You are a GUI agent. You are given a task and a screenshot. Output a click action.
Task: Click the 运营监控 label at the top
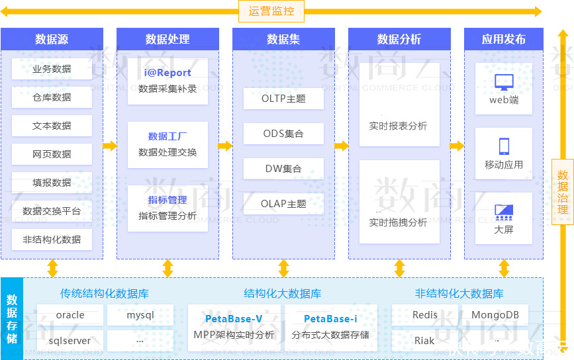(x=271, y=11)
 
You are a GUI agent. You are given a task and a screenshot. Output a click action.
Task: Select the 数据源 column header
(x=52, y=39)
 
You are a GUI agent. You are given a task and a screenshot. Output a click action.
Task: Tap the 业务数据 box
(x=52, y=69)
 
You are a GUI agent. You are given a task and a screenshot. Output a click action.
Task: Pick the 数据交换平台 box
(x=52, y=211)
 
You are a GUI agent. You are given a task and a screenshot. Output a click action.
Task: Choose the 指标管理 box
(x=167, y=208)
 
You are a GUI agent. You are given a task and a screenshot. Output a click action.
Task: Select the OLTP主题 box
(x=283, y=99)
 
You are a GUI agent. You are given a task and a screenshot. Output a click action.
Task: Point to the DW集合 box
(x=283, y=169)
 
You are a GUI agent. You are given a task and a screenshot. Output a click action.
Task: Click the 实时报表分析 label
(x=399, y=126)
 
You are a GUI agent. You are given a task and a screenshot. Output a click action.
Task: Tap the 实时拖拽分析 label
(x=399, y=222)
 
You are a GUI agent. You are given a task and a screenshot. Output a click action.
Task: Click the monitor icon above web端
(x=504, y=83)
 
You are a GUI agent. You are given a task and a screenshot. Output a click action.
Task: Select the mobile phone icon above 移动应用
(x=504, y=146)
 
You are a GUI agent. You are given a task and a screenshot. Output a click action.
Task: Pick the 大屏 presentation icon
(x=504, y=212)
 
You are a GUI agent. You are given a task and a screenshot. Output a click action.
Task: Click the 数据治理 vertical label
(x=563, y=192)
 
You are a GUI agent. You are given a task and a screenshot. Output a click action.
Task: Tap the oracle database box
(x=70, y=315)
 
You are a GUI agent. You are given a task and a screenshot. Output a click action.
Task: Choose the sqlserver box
(x=70, y=341)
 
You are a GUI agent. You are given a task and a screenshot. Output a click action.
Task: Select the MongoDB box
(x=495, y=315)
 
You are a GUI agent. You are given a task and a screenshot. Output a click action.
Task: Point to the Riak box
(x=424, y=341)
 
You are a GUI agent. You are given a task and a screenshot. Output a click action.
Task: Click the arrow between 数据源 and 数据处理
(x=110, y=146)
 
